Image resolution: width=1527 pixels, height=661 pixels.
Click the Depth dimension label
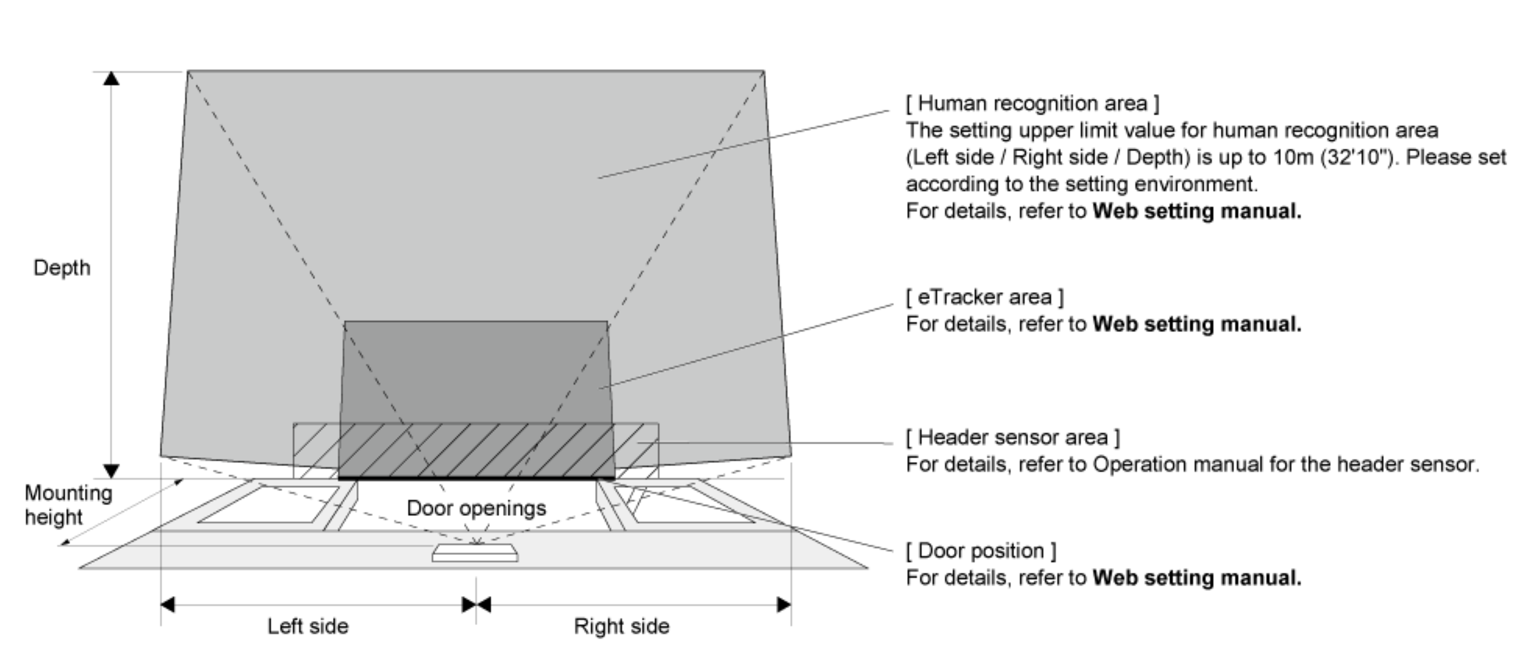coord(62,268)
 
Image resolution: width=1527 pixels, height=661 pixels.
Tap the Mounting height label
coord(68,505)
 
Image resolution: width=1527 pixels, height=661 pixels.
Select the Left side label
coord(308,626)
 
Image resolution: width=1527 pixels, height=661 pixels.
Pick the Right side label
coord(621,626)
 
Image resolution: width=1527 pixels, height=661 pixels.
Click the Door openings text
coord(476,508)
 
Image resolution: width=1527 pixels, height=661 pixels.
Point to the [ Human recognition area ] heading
coord(1032,103)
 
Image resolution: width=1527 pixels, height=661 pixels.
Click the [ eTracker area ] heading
coord(985,297)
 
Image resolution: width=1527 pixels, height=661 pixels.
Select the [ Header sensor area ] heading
coord(1013,437)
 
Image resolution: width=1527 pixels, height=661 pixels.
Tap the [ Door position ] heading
coord(980,550)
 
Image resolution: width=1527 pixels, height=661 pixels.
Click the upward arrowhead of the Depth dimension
coord(111,78)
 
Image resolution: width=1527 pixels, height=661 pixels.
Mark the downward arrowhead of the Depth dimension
coord(111,471)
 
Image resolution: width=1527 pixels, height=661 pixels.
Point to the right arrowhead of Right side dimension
coord(784,605)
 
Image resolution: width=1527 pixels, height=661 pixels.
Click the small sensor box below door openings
coord(475,553)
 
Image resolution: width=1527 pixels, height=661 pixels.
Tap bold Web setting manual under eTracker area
coord(1196,324)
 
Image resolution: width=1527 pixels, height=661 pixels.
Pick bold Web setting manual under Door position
coord(1196,577)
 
